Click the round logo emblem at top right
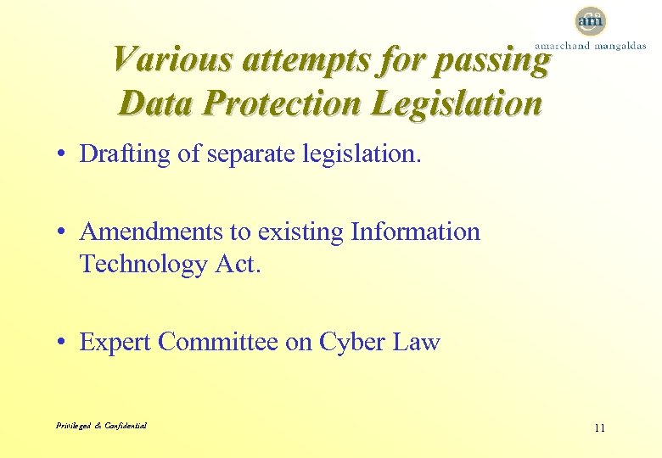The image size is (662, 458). tap(591, 20)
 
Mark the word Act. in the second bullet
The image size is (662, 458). tap(238, 264)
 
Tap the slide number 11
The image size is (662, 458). tap(599, 427)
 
